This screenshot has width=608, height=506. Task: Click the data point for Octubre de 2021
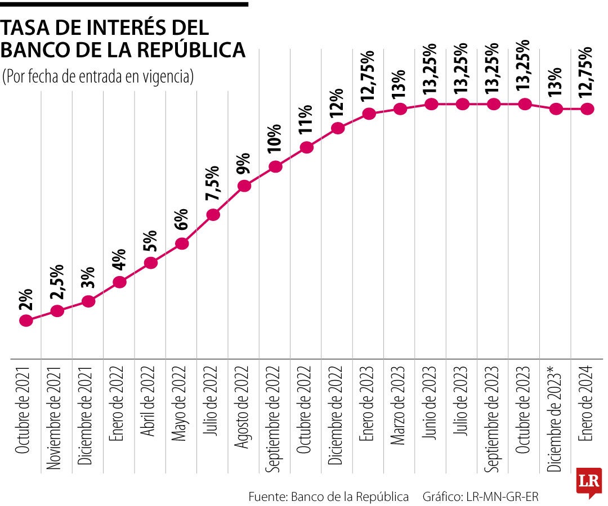[x=25, y=320]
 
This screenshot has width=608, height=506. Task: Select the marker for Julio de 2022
[x=213, y=215]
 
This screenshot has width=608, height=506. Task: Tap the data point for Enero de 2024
[x=587, y=109]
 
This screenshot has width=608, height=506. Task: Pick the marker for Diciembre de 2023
[x=556, y=109]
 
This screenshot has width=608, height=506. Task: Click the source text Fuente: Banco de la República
[x=329, y=497]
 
